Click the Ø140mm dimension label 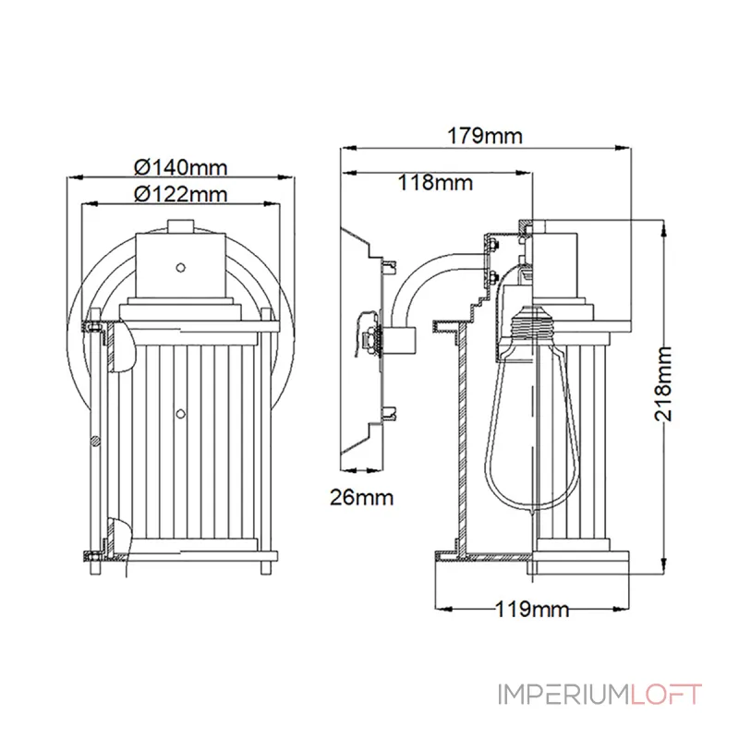[180, 167]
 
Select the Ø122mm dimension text [180, 194]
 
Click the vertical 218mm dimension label [662, 383]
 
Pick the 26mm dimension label [361, 498]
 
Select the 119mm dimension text [532, 609]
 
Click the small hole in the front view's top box [181, 268]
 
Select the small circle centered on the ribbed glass [181, 413]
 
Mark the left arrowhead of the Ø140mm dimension [66, 178]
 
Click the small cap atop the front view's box [181, 224]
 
